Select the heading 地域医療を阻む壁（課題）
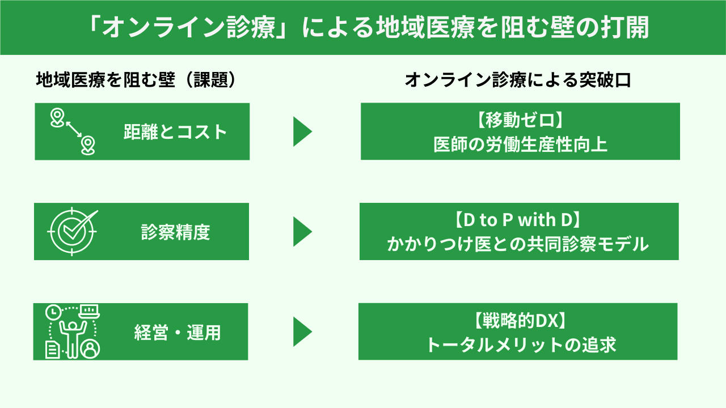coord(136,80)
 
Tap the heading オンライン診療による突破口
coord(518,80)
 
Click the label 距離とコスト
coord(175,132)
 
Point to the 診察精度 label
coord(175,232)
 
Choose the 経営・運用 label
coord(178,332)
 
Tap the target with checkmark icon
coord(72,231)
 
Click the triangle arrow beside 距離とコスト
coord(302,132)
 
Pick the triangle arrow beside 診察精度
coord(302,232)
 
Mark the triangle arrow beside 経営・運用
coord(302,331)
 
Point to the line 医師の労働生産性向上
coord(520,144)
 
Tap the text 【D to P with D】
coord(519,221)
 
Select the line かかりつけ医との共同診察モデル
coord(519,244)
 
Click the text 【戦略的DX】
coord(518,321)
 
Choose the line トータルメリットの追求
coord(518,345)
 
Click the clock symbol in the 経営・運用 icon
coord(52,311)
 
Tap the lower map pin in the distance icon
coord(88,144)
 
